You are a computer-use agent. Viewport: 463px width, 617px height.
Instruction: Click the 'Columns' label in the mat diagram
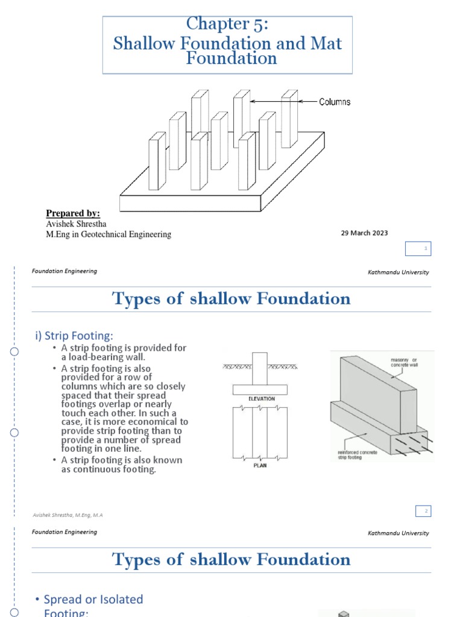tap(335, 102)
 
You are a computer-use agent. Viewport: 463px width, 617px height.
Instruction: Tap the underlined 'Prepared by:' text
tap(73, 213)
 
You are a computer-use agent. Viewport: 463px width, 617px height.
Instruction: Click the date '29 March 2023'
tap(365, 233)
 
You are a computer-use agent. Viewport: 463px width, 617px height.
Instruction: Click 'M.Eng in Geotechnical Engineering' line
tap(109, 234)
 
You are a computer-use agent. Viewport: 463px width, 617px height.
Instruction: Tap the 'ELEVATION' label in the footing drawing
tap(261, 399)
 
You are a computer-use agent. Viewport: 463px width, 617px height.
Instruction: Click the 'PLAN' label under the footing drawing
tap(261, 465)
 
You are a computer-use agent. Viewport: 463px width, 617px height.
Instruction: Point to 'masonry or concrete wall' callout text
tap(402, 364)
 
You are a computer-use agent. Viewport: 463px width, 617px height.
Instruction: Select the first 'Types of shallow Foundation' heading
tap(231, 298)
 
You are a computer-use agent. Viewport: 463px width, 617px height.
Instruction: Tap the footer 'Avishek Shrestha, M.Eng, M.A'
tap(68, 515)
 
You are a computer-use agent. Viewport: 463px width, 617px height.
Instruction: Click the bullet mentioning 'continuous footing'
tap(121, 465)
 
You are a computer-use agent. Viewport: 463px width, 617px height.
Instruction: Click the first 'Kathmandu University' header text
tap(398, 272)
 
